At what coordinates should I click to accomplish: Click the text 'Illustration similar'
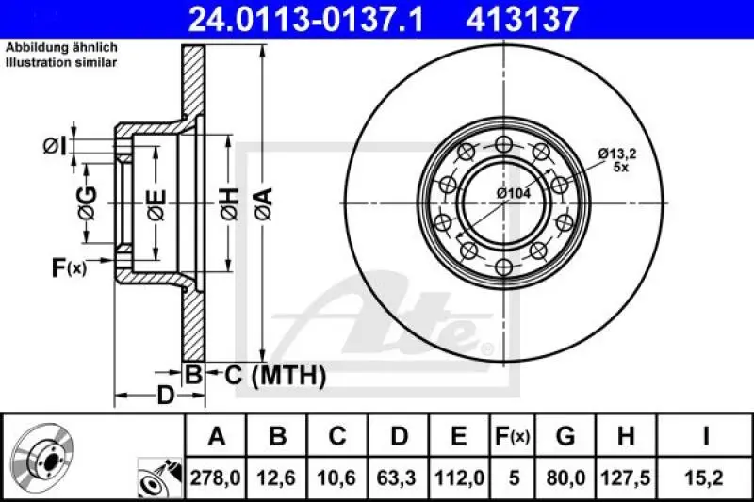tap(61, 62)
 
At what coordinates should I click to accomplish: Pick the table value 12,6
tap(278, 478)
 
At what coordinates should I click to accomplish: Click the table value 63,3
tap(399, 478)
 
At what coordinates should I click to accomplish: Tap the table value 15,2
tap(705, 478)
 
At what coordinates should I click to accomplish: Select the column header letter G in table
tap(565, 436)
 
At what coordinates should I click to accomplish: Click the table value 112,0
tap(459, 478)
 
